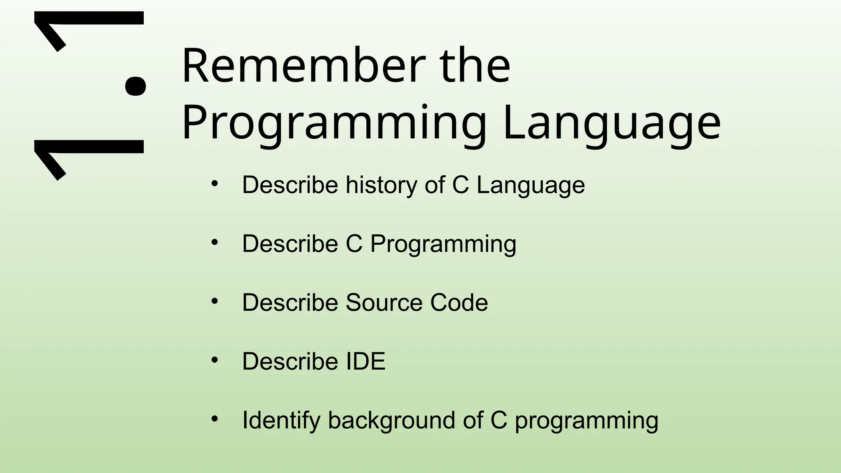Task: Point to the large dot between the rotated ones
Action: (135, 85)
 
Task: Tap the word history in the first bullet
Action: (381, 185)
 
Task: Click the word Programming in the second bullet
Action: (443, 244)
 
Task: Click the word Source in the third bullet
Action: (384, 303)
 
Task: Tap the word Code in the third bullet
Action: (459, 303)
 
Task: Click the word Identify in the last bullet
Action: (281, 421)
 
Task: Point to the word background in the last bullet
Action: (391, 421)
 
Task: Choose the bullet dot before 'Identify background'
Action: (214, 419)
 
